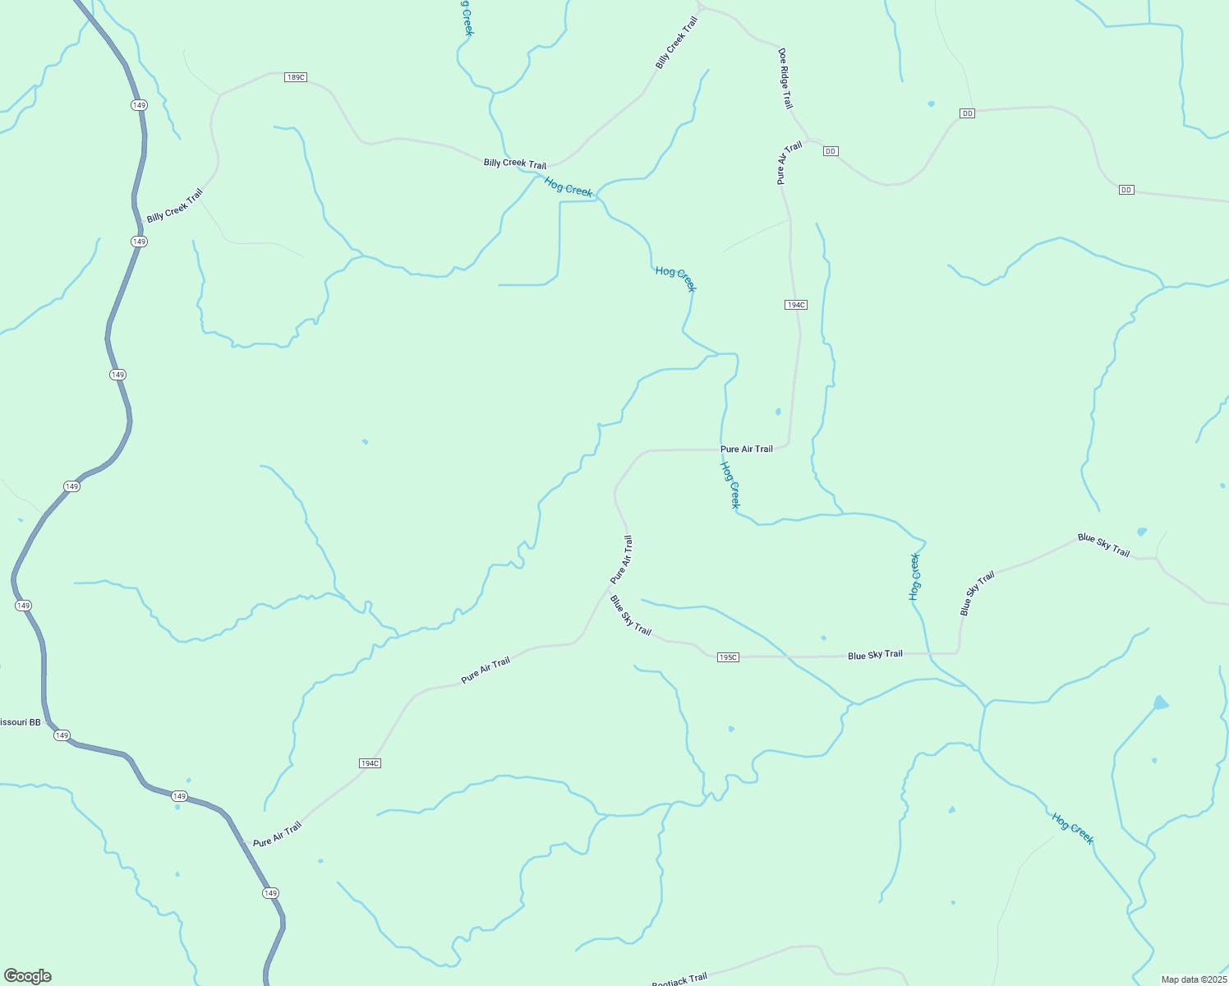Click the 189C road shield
(296, 77)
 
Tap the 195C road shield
(728, 657)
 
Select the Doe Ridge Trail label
(785, 78)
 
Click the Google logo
(28, 976)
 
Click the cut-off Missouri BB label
(20, 722)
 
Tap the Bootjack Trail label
(679, 979)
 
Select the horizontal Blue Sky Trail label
(875, 655)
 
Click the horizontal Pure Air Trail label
(746, 449)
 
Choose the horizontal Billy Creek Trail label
(514, 164)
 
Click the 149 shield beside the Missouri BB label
(62, 735)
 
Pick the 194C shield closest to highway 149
(370, 763)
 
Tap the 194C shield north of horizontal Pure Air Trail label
(795, 305)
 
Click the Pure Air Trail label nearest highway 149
(277, 835)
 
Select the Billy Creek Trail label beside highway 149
(174, 206)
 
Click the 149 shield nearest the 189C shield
(139, 105)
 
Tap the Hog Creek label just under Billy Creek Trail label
(568, 187)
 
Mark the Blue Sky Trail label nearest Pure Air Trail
(630, 615)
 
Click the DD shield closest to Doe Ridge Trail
(831, 151)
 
